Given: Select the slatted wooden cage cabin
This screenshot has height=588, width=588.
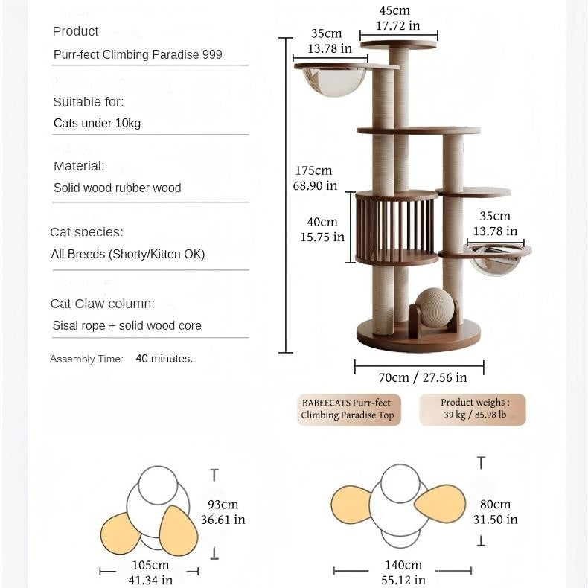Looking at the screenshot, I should coord(396,228).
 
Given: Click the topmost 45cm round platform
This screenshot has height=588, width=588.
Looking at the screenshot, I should coord(399,45).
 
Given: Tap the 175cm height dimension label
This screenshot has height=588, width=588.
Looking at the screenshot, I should coord(314,178).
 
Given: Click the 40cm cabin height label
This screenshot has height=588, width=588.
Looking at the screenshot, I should coord(322,229).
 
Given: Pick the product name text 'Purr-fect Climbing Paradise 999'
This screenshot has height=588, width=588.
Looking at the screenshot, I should coord(138,54).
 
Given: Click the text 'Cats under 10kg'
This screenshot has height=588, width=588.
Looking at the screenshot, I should coord(97,123).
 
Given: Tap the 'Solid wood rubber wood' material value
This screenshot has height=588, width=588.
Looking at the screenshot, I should coord(117,188).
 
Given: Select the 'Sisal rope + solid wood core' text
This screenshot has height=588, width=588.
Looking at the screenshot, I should coord(127,325).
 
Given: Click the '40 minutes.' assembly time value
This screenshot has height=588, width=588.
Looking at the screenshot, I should coord(164,359).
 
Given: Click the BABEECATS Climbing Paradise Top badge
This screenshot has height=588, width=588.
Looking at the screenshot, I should coord(348,409).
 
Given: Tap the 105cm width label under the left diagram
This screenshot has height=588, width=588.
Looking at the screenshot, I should coord(151,572).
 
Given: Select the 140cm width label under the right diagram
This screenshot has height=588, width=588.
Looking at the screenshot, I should coord(403,572).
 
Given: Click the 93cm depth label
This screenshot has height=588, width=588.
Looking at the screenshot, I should coord(223,512).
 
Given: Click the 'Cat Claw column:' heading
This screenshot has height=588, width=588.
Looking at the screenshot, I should coord(103,304).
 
